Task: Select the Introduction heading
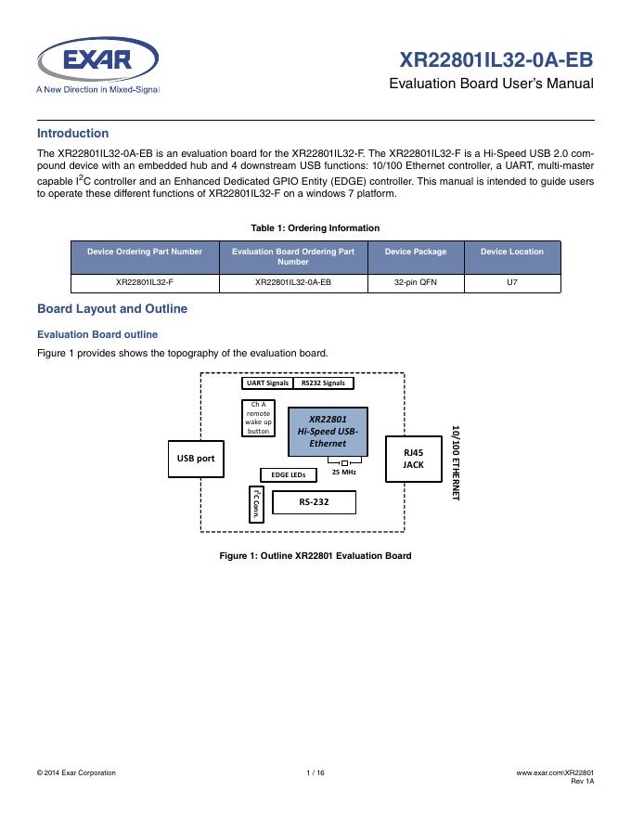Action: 72,134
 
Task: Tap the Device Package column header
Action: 415,252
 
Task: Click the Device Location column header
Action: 511,252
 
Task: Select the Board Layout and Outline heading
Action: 111,309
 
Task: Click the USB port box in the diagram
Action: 196,459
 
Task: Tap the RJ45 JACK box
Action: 413,459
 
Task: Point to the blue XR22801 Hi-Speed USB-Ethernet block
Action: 328,432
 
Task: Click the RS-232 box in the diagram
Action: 314,502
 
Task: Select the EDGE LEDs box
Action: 288,474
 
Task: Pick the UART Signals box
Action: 266,383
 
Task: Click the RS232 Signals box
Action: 323,383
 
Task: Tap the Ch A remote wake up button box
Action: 258,418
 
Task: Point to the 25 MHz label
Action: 344,473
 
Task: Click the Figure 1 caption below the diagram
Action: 315,555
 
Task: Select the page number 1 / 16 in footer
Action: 315,772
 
